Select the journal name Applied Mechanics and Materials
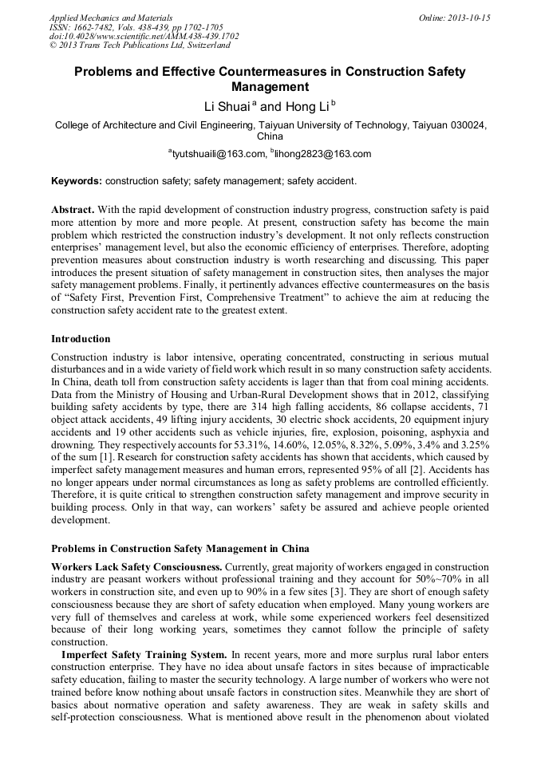pos(111,17)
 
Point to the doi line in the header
pos(144,36)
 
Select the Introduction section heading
pos(81,339)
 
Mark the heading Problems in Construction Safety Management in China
pos(180,549)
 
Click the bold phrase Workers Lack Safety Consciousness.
pos(136,566)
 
